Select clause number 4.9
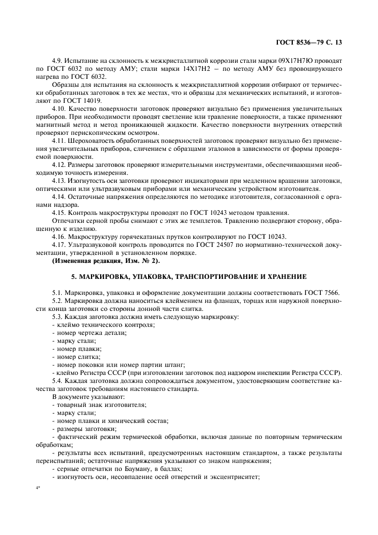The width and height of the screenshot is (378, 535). click(59, 59)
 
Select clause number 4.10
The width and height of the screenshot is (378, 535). click(61, 107)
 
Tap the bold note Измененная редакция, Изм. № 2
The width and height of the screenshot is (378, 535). click(106, 261)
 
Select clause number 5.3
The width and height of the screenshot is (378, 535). click(58, 316)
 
